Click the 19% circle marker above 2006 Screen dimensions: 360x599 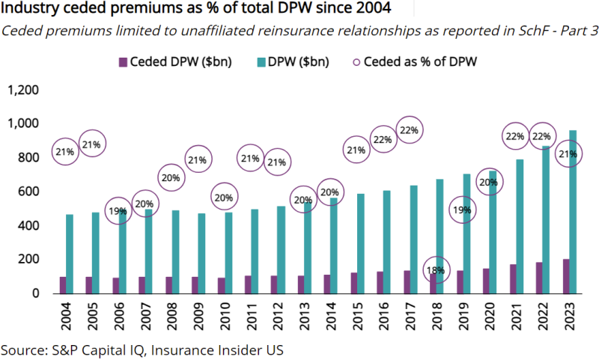[x=118, y=212]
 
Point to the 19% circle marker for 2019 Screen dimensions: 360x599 [x=463, y=210]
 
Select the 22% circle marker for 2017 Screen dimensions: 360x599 [x=410, y=130]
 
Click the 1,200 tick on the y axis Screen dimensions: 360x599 [x=22, y=90]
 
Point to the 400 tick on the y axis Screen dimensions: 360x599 [x=28, y=225]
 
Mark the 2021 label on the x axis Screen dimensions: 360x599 [x=515, y=316]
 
